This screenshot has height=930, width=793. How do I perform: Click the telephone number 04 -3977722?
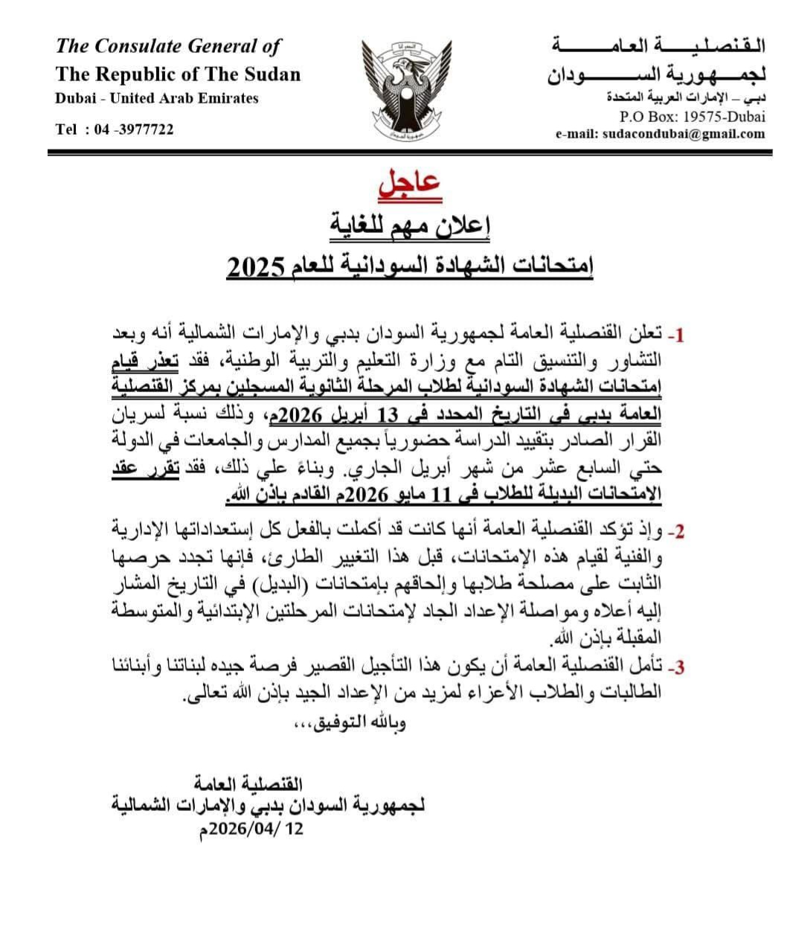135,129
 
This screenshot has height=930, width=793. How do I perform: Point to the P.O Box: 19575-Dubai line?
692,116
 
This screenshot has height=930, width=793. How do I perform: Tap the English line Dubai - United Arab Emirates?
157,98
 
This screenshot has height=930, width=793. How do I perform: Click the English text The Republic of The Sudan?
178,74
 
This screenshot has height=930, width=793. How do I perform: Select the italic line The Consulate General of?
168,46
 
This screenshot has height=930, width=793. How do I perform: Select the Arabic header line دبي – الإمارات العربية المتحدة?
685,97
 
